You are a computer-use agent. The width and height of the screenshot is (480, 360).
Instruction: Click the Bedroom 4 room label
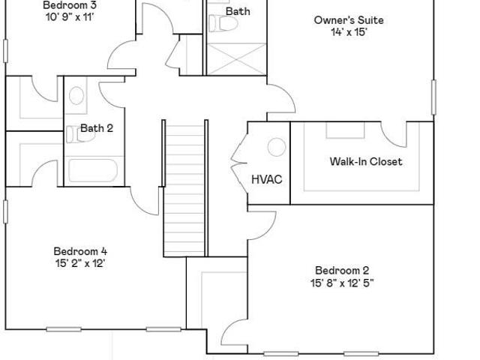(80, 251)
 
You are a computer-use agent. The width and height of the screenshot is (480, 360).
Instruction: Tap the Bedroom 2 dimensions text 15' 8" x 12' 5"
(342, 283)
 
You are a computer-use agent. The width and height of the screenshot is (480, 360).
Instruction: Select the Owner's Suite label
(349, 20)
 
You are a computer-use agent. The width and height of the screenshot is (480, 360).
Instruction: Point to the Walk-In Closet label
(366, 161)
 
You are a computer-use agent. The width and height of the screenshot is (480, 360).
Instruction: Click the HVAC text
(267, 179)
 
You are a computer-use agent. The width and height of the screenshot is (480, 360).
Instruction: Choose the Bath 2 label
(97, 128)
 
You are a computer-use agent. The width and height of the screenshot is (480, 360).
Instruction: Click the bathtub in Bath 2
(93, 170)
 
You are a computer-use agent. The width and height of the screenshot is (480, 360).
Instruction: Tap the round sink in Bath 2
(76, 95)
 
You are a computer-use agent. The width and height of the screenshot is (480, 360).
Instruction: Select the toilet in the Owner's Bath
(223, 23)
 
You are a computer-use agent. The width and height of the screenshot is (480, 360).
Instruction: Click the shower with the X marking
(236, 59)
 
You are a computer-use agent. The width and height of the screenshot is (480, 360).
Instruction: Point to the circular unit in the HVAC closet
(277, 147)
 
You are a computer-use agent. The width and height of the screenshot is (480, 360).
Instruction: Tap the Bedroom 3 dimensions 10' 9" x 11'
(70, 16)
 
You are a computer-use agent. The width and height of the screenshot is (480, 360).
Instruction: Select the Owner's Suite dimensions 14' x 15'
(349, 31)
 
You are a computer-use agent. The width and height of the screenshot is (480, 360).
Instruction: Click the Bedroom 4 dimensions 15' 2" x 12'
(80, 263)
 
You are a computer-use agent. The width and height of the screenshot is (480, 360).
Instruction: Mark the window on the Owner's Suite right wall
(433, 97)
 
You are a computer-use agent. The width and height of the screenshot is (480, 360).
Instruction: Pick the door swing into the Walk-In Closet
(394, 135)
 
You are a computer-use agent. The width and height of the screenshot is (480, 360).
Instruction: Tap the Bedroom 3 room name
(70, 5)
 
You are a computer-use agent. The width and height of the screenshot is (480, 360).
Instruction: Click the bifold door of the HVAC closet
(239, 163)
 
